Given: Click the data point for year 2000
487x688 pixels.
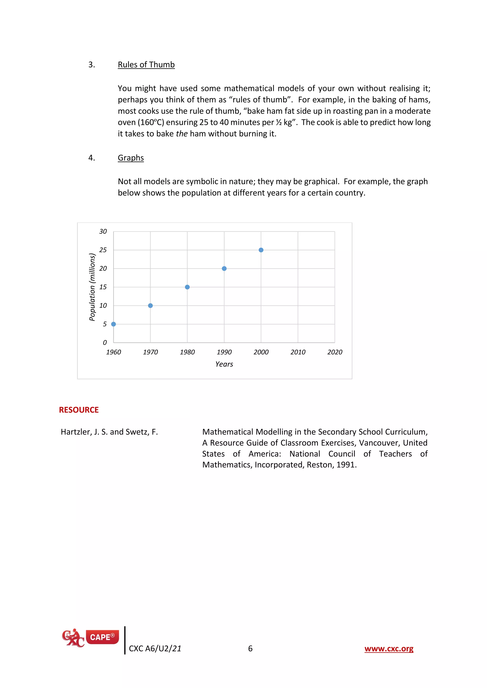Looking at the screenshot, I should pyautogui.click(x=261, y=250).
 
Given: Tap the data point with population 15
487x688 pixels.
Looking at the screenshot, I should pyautogui.click(x=187, y=287).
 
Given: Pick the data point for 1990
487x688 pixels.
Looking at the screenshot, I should pyautogui.click(x=224, y=268).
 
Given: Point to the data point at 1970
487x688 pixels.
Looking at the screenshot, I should pyautogui.click(x=150, y=306).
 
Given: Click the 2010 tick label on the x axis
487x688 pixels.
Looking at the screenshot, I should pyautogui.click(x=298, y=352).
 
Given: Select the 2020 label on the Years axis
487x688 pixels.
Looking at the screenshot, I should pyautogui.click(x=335, y=352).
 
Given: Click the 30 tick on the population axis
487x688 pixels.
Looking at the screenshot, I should pyautogui.click(x=103, y=231).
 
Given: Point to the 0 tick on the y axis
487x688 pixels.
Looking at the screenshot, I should pyautogui.click(x=105, y=343).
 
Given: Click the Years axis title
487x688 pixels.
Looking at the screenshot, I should pyautogui.click(x=224, y=364).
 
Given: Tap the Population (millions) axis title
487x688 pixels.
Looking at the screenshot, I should pyautogui.click(x=92, y=287).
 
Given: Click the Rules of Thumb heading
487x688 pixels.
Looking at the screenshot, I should pyautogui.click(x=146, y=65).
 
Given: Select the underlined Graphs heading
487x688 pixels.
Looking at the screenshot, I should pyautogui.click(x=131, y=158).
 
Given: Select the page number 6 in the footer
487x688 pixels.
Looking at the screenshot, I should pyautogui.click(x=250, y=649).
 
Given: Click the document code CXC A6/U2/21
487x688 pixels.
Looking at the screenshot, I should pyautogui.click(x=155, y=649).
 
